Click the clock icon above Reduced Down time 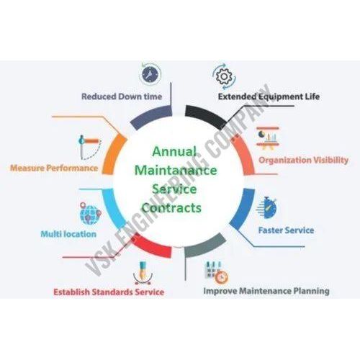pyautogui.click(x=150, y=74)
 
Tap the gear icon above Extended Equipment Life pyautogui.click(x=224, y=76)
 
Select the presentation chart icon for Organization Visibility pyautogui.click(x=268, y=139)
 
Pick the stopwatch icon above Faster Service pyautogui.click(x=266, y=208)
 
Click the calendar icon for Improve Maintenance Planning pyautogui.click(x=216, y=272)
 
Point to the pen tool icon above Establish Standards pyautogui.click(x=143, y=273)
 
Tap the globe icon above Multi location pyautogui.click(x=90, y=214)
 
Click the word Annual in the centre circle pyautogui.click(x=174, y=152)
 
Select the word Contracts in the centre pyautogui.click(x=172, y=208)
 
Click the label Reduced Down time pyautogui.click(x=122, y=96)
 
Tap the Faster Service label pyautogui.click(x=286, y=230)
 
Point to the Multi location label pyautogui.click(x=68, y=234)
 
